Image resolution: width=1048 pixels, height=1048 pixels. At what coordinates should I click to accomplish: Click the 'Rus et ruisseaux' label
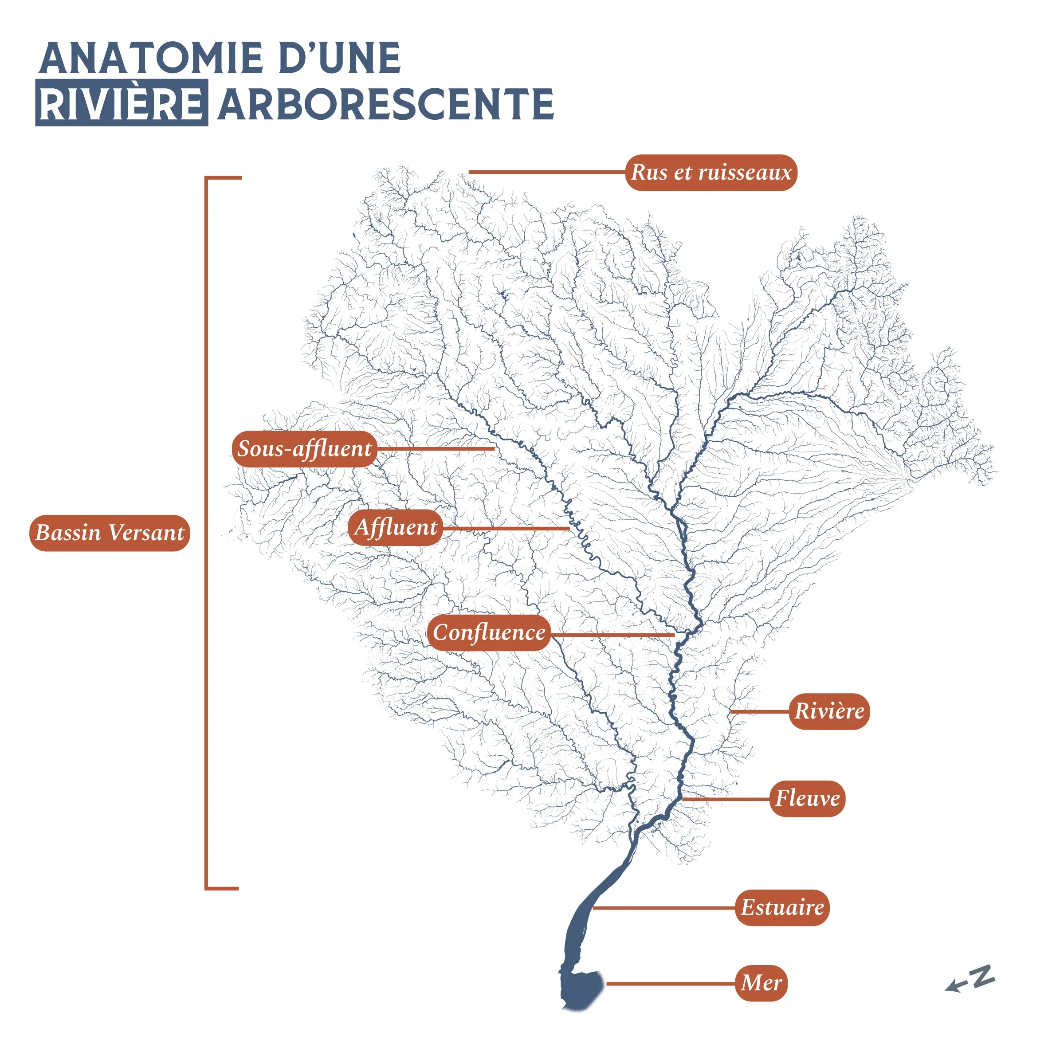(710, 173)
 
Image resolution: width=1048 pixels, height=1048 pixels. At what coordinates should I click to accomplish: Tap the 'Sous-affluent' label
(304, 448)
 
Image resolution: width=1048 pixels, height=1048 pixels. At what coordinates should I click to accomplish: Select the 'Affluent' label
(396, 527)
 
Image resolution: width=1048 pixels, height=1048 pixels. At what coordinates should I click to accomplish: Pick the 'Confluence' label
(489, 632)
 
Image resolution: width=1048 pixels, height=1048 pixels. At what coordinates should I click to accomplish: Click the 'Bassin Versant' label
(110, 533)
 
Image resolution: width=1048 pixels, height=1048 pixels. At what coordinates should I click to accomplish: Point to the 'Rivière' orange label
(829, 710)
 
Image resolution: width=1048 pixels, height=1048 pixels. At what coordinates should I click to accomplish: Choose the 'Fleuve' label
(807, 798)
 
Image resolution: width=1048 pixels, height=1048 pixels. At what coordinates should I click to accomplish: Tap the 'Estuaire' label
(782, 907)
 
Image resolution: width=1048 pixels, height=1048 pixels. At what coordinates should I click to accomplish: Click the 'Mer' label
(761, 983)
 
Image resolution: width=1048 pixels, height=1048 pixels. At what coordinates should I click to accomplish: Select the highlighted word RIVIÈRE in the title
(122, 103)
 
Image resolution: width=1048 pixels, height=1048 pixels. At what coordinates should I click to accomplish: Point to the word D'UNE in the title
(339, 58)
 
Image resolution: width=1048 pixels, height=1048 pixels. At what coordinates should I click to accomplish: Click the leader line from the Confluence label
(613, 634)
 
